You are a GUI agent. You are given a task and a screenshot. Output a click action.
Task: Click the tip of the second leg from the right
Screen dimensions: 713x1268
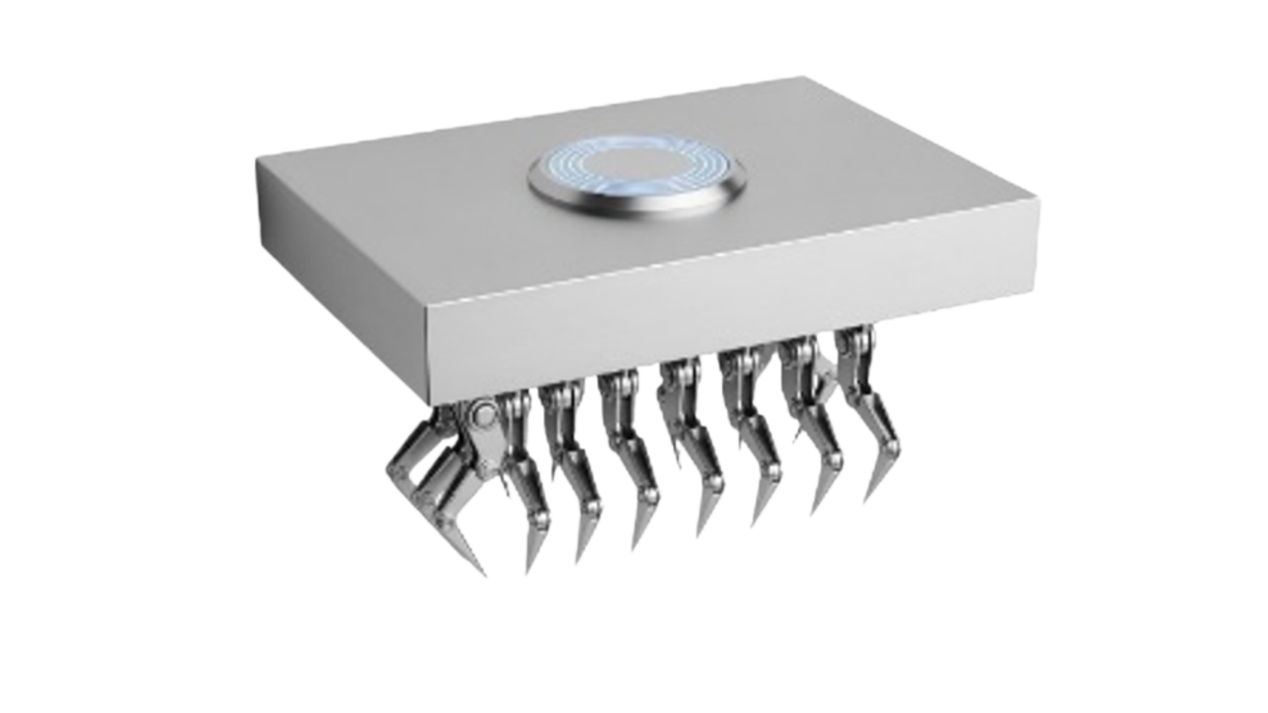(x=815, y=512)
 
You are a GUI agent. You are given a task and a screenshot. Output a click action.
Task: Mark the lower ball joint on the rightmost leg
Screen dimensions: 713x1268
(x=892, y=450)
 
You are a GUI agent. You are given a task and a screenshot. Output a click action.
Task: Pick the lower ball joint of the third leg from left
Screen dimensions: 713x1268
(x=592, y=504)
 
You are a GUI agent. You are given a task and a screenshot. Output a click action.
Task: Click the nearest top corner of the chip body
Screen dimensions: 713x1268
(x=427, y=308)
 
